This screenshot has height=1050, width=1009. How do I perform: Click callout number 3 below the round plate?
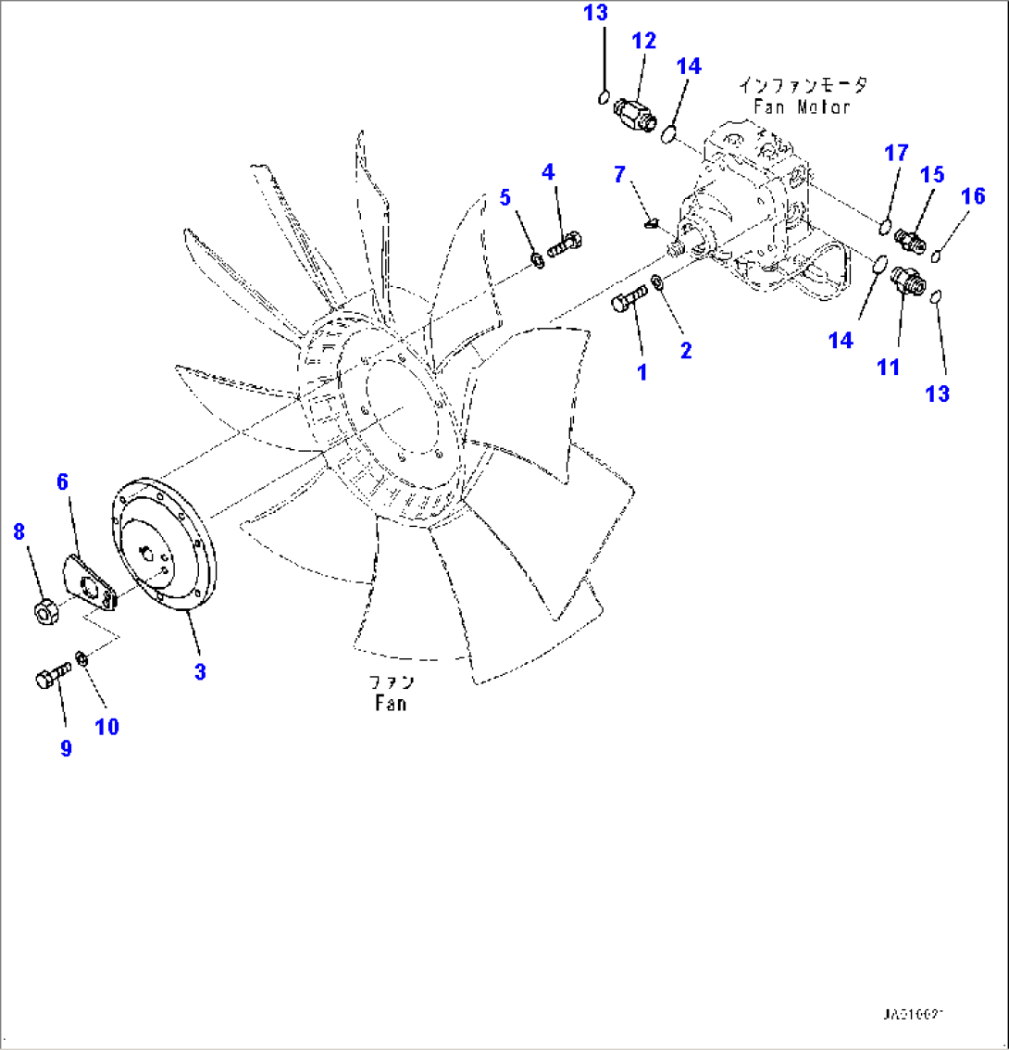(x=200, y=671)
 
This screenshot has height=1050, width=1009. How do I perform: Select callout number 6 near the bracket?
(x=63, y=481)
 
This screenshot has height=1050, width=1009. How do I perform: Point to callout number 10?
(x=107, y=726)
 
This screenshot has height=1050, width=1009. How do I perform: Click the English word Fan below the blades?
(x=391, y=703)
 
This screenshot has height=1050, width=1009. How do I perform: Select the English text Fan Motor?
(x=801, y=106)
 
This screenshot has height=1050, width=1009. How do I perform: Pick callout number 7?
(x=619, y=173)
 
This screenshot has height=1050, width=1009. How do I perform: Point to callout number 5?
(x=504, y=196)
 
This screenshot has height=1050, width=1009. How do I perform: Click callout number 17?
(x=896, y=153)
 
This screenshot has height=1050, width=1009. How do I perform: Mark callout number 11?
(x=888, y=368)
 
